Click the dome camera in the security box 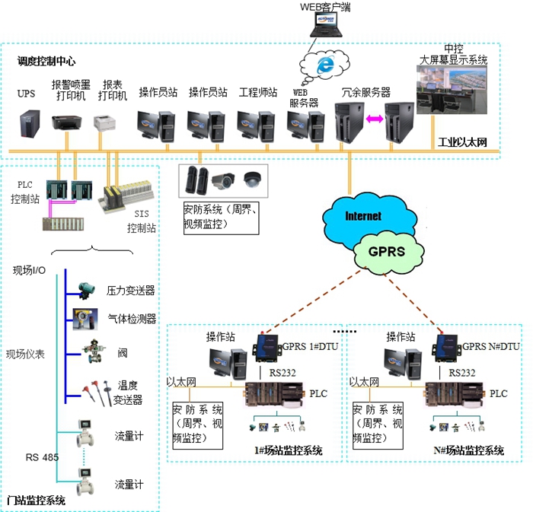click(251, 180)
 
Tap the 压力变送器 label click(130, 291)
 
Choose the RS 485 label click(43, 457)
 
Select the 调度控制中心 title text click(46, 60)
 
